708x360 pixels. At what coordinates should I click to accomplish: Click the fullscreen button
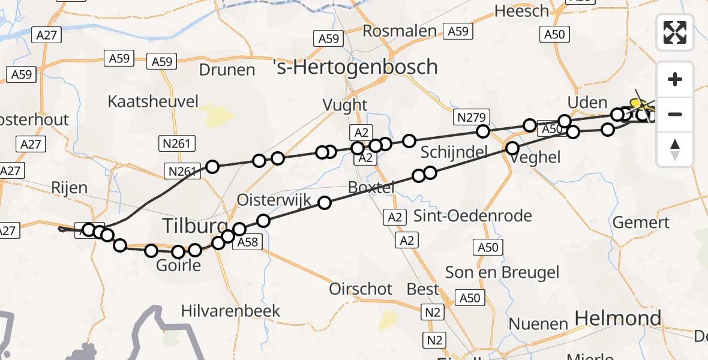point(675,32)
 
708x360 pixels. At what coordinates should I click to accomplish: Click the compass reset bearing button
point(675,149)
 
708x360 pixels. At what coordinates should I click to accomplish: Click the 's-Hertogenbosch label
point(355,66)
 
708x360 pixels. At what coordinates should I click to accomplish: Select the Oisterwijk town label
point(274,200)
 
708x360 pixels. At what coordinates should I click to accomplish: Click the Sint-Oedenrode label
point(472,216)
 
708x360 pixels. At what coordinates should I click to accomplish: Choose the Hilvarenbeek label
point(231,310)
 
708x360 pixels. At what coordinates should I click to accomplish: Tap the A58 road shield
point(247,242)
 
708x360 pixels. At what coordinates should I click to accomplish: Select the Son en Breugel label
point(502,272)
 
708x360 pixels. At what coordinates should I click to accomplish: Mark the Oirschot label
point(361,289)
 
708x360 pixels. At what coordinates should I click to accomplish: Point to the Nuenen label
point(538,324)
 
